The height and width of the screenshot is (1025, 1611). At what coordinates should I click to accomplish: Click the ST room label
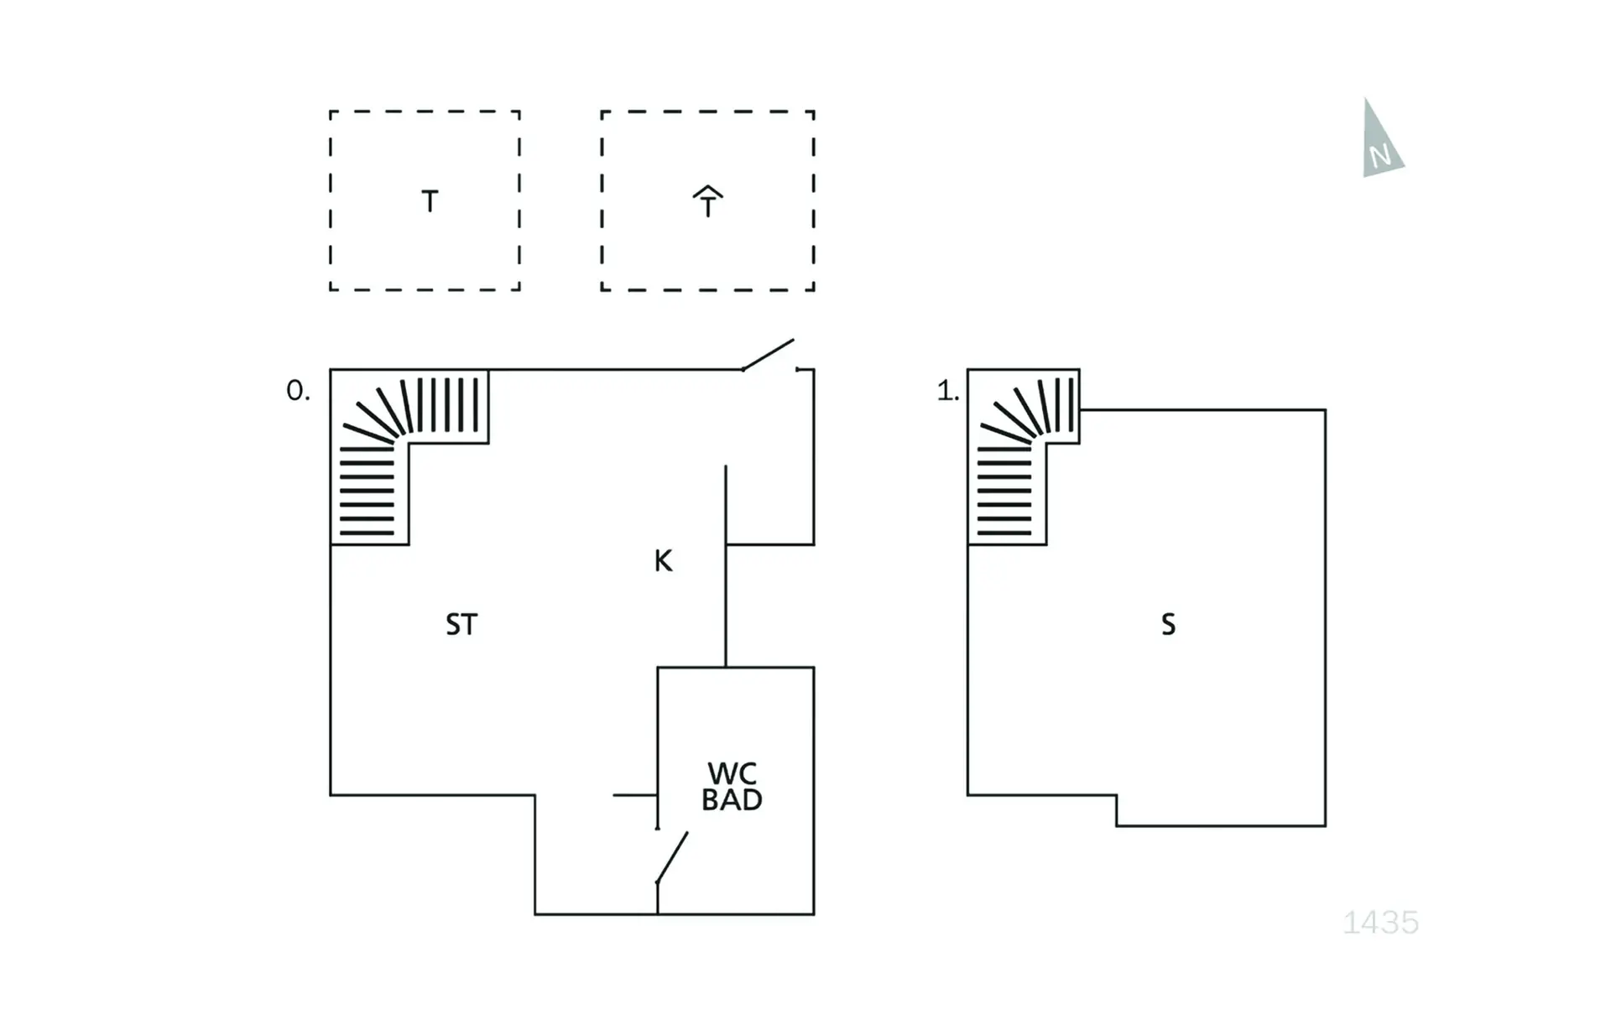pyautogui.click(x=461, y=625)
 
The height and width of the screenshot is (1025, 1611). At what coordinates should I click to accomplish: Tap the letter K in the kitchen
pyautogui.click(x=663, y=561)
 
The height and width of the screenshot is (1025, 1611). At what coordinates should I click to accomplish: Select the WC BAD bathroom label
pyautogui.click(x=732, y=787)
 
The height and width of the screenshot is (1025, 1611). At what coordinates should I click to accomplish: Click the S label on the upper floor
pyautogui.click(x=1168, y=625)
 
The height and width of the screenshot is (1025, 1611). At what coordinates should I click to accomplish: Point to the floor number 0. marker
pyautogui.click(x=298, y=391)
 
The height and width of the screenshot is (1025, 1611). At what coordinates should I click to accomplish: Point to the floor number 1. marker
pyautogui.click(x=947, y=391)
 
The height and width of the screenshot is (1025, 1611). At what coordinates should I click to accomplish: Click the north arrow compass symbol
pyautogui.click(x=1380, y=141)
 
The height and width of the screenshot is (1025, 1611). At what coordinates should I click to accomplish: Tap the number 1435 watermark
pyautogui.click(x=1380, y=923)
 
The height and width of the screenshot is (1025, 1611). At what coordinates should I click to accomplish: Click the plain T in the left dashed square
pyautogui.click(x=430, y=202)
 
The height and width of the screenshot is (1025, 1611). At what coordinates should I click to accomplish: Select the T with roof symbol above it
pyautogui.click(x=707, y=202)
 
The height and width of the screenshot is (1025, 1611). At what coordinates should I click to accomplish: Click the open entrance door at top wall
pyautogui.click(x=769, y=355)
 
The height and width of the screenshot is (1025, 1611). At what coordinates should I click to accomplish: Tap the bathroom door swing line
pyautogui.click(x=672, y=857)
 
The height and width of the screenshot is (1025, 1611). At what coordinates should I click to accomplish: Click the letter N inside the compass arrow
pyautogui.click(x=1380, y=156)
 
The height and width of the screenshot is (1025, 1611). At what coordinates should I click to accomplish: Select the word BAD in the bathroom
pyautogui.click(x=732, y=800)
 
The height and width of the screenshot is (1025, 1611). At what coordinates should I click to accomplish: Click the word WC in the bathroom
pyautogui.click(x=732, y=773)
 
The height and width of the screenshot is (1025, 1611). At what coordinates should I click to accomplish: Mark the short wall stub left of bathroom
pyautogui.click(x=634, y=794)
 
